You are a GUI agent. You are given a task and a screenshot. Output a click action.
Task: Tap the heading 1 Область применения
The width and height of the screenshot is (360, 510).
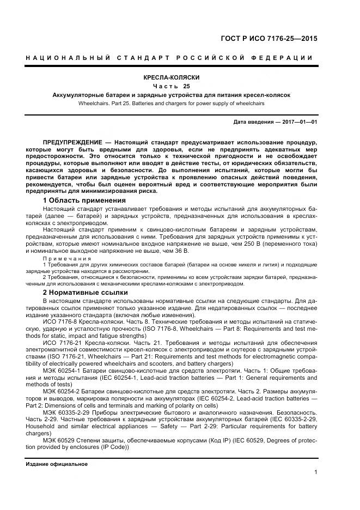(x=76, y=201)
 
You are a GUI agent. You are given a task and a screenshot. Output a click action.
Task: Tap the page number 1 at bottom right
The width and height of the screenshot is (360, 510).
(x=315, y=472)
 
